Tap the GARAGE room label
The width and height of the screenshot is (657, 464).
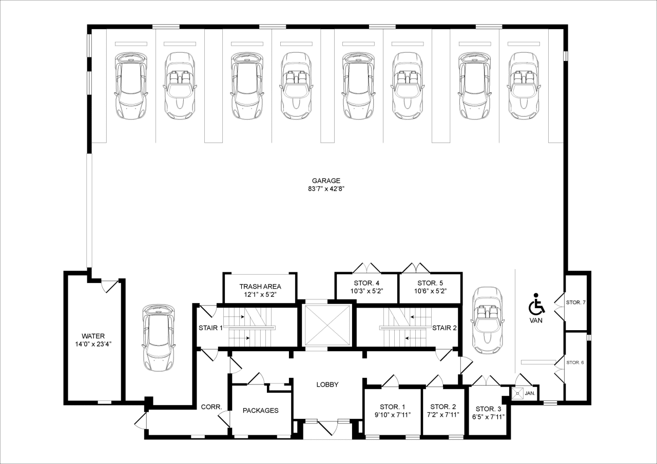click(x=326, y=180)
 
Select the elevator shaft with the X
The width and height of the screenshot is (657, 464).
click(x=327, y=326)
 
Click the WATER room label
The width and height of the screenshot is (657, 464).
click(x=93, y=336)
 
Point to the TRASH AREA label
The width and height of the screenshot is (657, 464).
click(x=260, y=286)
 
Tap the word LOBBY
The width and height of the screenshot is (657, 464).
click(x=327, y=385)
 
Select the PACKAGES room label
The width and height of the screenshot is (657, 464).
click(x=260, y=410)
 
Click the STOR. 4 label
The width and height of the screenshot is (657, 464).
click(x=366, y=283)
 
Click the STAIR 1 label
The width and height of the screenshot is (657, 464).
click(x=210, y=328)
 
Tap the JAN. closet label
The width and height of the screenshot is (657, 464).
click(x=530, y=394)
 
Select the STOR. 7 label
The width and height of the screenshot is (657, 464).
click(x=575, y=302)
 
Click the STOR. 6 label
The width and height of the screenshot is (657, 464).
click(x=575, y=362)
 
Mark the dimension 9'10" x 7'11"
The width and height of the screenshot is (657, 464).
click(x=393, y=415)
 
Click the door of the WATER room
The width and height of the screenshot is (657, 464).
click(x=109, y=286)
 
